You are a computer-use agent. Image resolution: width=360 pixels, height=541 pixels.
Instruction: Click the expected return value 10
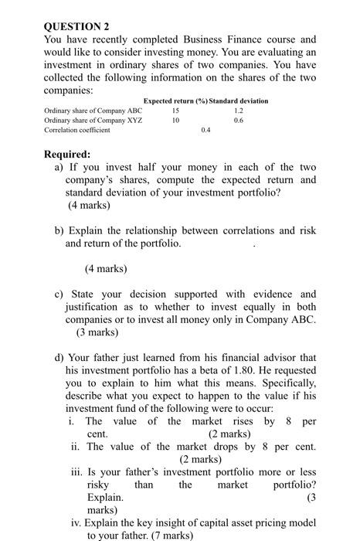[x=175, y=121]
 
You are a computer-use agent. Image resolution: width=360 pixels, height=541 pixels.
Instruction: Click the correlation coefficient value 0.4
[x=205, y=131]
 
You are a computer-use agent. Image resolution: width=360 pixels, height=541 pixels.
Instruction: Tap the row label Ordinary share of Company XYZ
[x=93, y=121]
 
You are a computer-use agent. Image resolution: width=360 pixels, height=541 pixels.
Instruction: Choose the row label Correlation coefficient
[x=77, y=131]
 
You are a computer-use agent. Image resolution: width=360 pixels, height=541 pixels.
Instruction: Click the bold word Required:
[x=67, y=154]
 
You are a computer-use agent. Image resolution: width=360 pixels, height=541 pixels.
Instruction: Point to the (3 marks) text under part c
[x=97, y=332]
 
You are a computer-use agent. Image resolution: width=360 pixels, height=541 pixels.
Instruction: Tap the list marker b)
[x=59, y=230]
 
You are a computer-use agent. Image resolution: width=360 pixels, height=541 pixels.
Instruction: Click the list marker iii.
[x=76, y=472]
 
